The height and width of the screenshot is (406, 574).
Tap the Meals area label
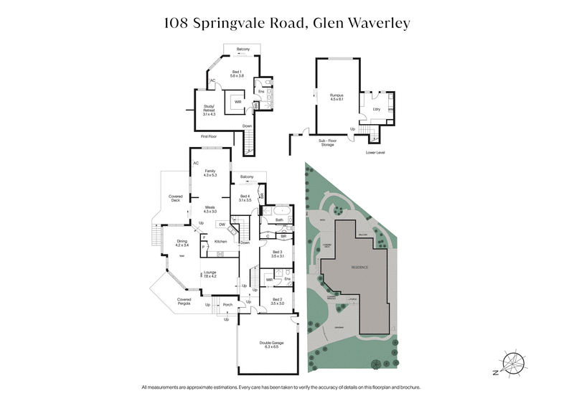pyautogui.click(x=210, y=208)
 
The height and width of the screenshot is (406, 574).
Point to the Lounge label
pyautogui.click(x=210, y=274)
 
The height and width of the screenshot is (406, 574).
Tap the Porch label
pyautogui.click(x=227, y=305)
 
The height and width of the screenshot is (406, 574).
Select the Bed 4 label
pyautogui.click(x=245, y=198)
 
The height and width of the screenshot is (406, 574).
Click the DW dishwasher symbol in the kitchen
pyautogui.click(x=222, y=225)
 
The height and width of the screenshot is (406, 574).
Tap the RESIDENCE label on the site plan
pyautogui.click(x=359, y=267)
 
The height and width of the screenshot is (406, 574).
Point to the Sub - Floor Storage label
pyautogui.click(x=331, y=143)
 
